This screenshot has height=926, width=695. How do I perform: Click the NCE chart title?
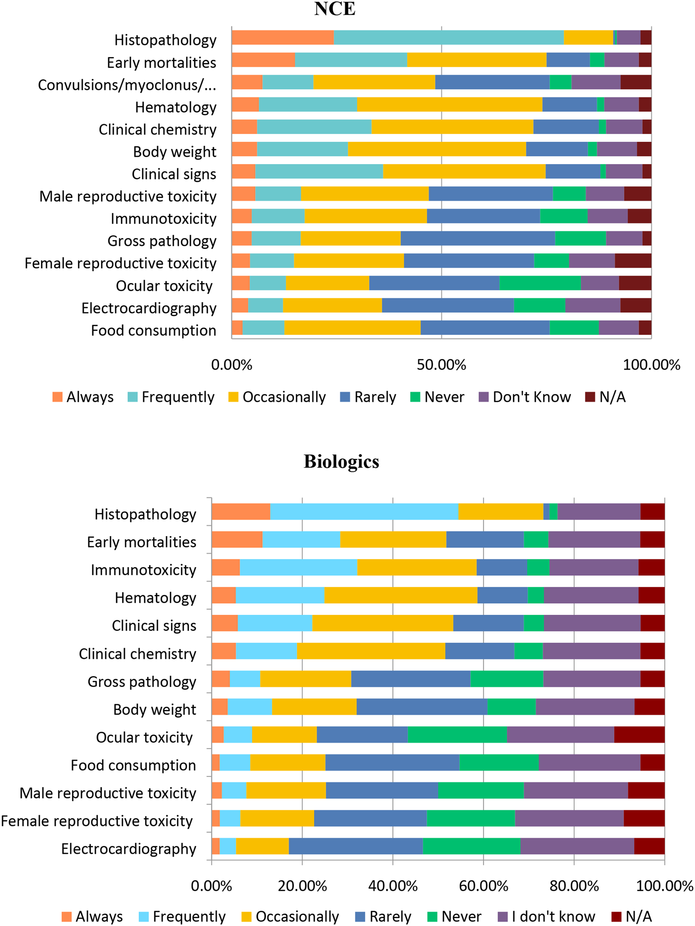click(335, 9)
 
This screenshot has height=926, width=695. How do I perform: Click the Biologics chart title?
click(341, 462)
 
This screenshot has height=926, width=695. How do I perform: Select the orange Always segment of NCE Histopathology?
click(283, 38)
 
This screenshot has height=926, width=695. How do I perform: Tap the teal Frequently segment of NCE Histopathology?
click(449, 38)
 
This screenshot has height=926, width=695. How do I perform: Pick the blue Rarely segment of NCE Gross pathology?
click(477, 238)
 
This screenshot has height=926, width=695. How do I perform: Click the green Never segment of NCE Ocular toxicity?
click(540, 283)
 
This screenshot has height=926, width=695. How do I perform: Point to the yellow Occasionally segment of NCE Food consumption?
click(353, 328)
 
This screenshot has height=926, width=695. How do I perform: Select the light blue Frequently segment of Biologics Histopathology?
click(364, 512)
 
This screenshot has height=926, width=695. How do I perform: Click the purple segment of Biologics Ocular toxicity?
click(560, 735)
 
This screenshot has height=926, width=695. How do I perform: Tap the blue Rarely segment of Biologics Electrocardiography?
click(356, 846)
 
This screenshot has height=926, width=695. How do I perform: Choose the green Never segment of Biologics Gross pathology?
click(507, 679)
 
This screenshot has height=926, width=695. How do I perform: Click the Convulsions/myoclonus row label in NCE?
click(127, 85)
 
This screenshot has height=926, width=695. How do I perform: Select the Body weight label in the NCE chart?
click(175, 152)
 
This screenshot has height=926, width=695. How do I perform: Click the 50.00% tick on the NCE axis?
click(441, 365)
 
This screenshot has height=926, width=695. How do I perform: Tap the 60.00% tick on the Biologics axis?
click(484, 886)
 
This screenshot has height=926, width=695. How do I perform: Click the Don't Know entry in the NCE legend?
click(525, 397)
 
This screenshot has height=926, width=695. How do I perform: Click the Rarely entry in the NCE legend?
click(368, 397)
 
